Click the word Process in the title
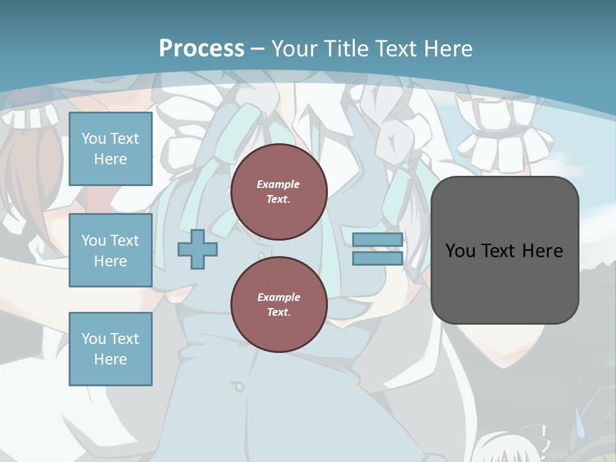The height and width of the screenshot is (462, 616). point(201,48)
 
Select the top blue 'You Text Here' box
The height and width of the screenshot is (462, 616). point(110,149)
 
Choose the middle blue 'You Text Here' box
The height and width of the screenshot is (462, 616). point(110,250)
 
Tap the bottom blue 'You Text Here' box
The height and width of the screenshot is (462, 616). point(110,349)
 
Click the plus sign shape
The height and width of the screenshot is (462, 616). point(197,249)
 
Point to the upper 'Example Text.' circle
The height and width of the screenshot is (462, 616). point(278,192)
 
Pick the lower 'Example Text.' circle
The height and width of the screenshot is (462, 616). point(278,305)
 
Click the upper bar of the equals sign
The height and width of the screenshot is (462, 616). point(377,239)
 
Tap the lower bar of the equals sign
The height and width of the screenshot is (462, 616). point(377,258)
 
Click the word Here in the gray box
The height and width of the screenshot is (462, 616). point(542,251)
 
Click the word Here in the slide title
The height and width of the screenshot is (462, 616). point(448,48)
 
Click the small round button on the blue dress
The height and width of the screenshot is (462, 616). point(240,387)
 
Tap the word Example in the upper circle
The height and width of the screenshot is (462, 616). point(278,184)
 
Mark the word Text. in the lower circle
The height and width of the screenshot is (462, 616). point(278,312)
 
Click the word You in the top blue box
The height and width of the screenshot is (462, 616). point(93,139)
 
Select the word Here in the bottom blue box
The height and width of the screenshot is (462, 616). point(110,359)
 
